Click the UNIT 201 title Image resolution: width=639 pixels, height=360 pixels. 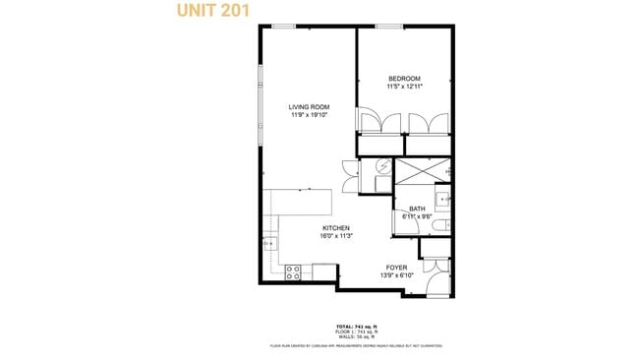(x=211, y=11)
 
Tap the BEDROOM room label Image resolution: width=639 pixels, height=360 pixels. (x=404, y=79)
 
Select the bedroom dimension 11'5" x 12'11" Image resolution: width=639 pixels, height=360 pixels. (x=404, y=87)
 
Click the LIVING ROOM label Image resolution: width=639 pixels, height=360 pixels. (x=308, y=107)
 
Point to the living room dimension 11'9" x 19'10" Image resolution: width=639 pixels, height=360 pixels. (x=308, y=115)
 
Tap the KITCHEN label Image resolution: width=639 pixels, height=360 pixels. (x=335, y=228)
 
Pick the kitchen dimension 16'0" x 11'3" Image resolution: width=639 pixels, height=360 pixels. (x=335, y=236)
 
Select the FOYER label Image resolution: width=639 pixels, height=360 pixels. (x=396, y=268)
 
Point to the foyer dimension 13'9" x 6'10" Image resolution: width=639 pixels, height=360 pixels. (x=396, y=275)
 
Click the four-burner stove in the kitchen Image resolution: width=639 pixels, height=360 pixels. (x=292, y=271)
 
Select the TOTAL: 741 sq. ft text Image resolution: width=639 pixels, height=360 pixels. (x=355, y=325)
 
